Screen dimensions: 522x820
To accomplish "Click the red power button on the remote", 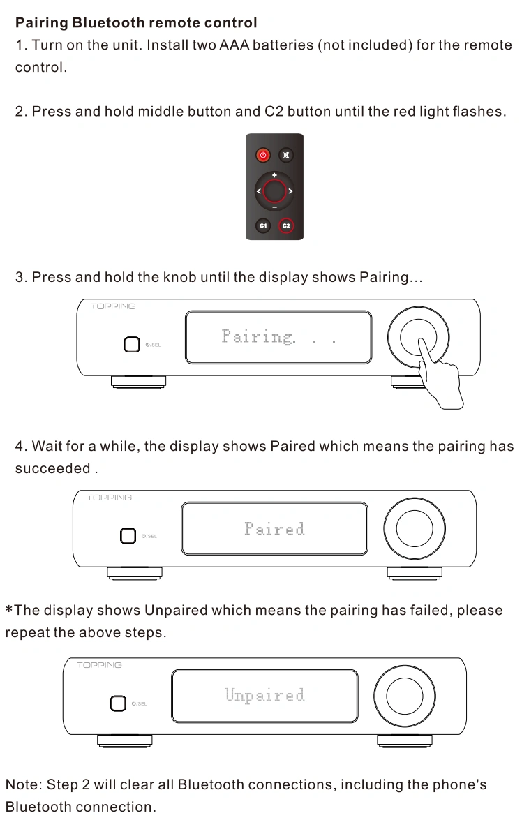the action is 262,155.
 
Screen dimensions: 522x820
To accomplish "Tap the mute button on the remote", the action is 286,155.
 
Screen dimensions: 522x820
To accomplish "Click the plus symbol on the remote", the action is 274,175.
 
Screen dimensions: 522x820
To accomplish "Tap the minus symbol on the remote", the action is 274,207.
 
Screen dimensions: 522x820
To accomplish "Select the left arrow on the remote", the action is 258,191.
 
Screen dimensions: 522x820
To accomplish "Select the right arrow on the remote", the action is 291,191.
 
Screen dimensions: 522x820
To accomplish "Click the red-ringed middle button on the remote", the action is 274,191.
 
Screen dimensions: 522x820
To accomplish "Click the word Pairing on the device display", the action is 258,336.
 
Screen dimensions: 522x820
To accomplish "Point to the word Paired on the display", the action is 274,529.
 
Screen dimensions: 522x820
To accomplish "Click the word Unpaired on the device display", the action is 264,695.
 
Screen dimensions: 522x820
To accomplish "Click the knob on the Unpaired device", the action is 404,696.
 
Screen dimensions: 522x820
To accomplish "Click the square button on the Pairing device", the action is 132,345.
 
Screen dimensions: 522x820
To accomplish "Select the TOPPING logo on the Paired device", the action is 110,498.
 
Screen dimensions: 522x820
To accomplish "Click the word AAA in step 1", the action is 234,45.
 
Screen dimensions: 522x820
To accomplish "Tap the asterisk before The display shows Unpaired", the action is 9,609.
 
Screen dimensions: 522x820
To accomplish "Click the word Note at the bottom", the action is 23,784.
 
